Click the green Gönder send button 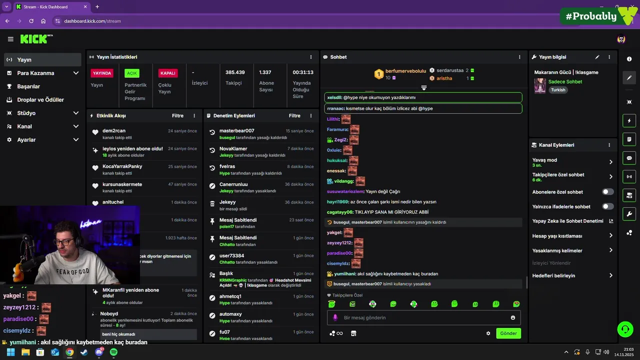[508, 333]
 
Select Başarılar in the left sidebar [28, 86]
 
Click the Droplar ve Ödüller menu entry [40, 99]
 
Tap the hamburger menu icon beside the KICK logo [10, 39]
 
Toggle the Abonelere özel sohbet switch [607, 192]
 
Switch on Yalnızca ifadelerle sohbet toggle [607, 206]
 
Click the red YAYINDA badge [102, 73]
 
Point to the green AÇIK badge [132, 73]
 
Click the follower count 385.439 [235, 72]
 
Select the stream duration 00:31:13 [303, 72]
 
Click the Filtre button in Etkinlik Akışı [177, 115]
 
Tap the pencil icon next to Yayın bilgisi [597, 57]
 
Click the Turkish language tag [558, 90]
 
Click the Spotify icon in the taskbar [113, 352]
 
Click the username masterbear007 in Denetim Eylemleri [236, 130]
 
